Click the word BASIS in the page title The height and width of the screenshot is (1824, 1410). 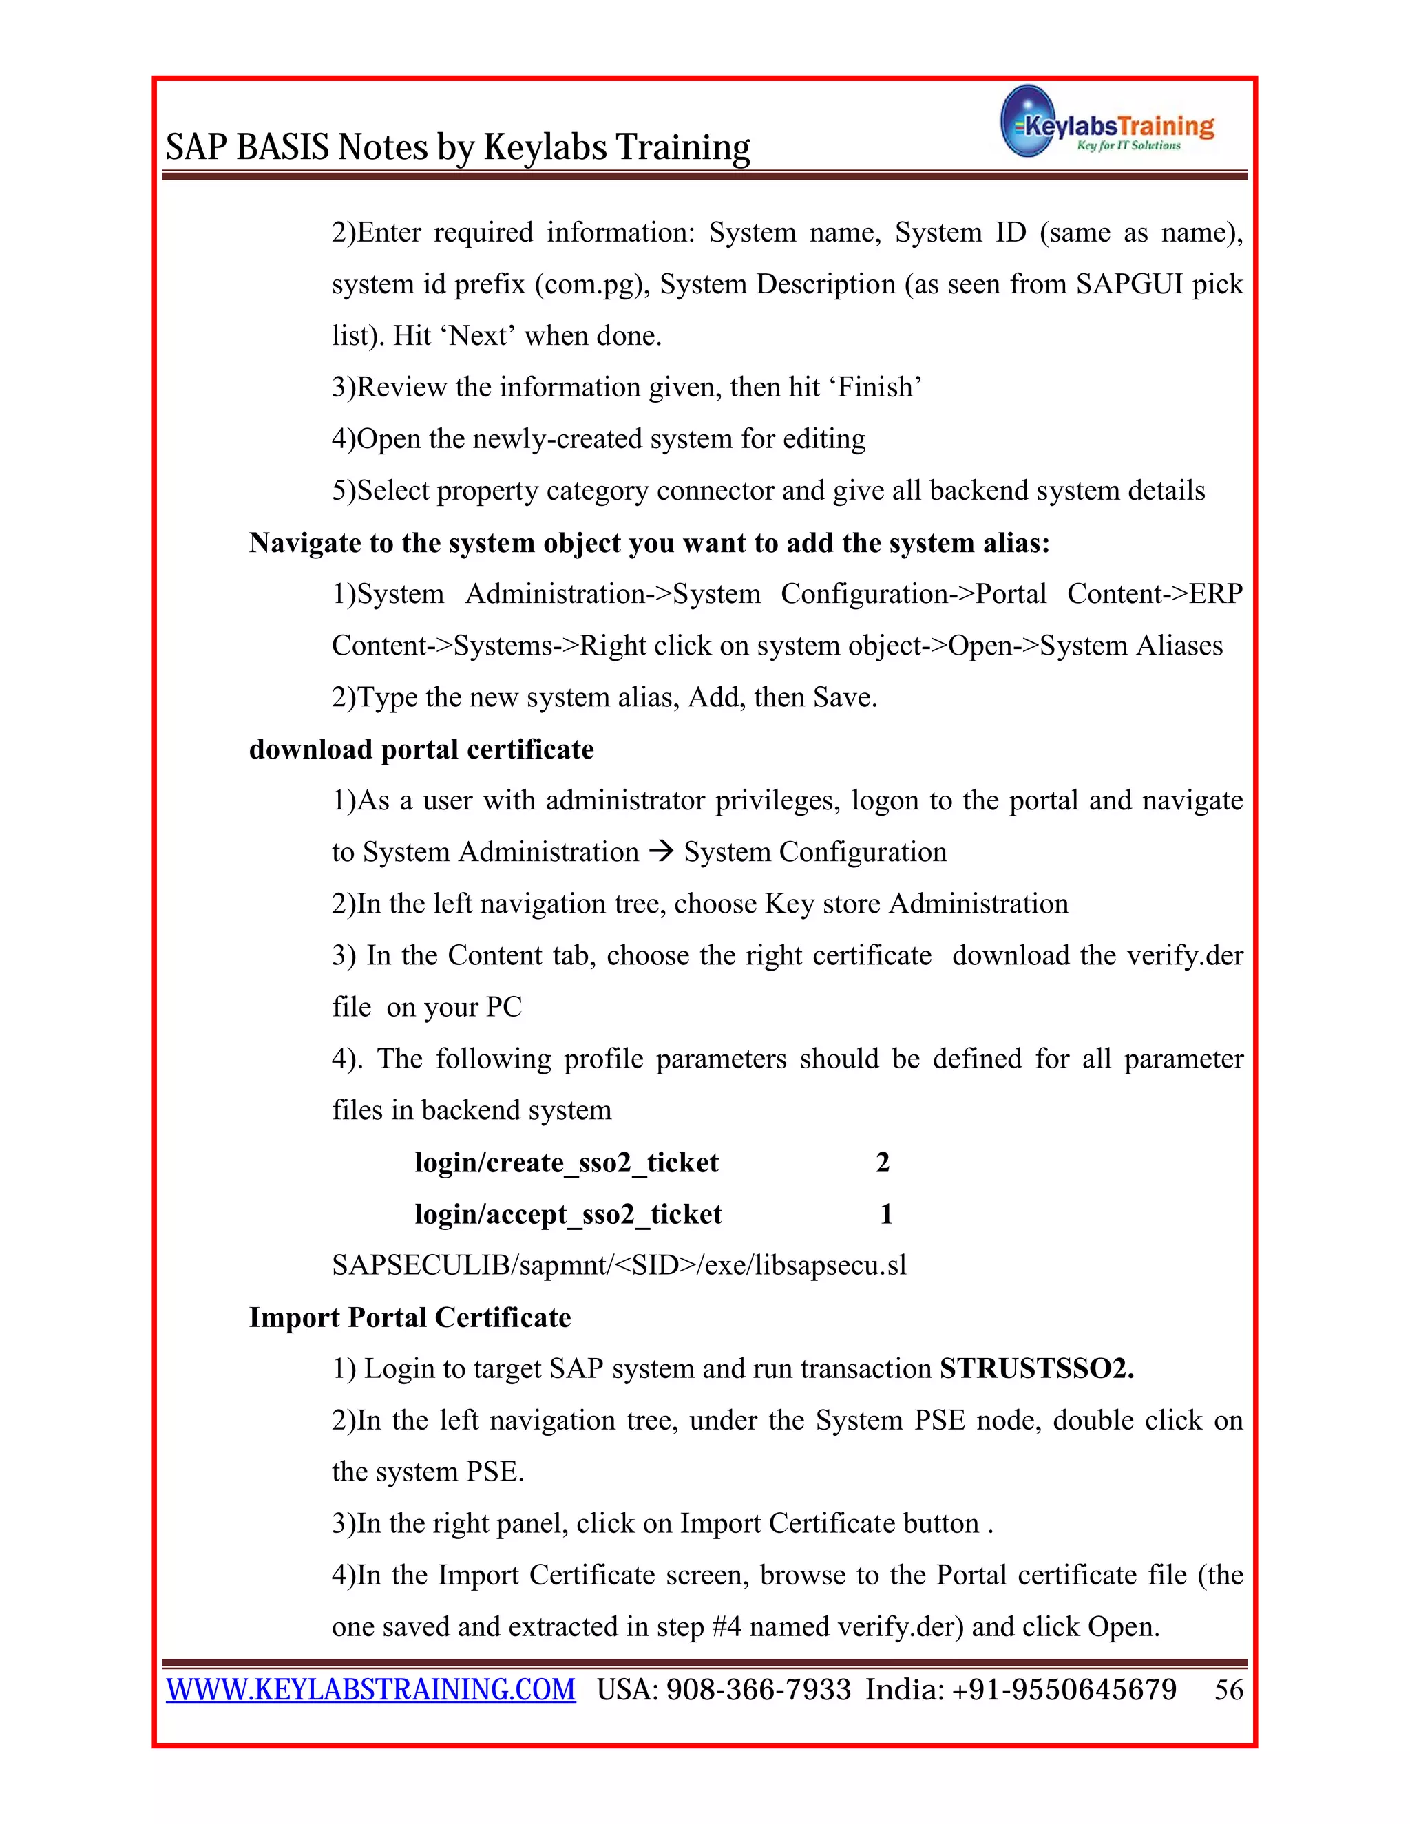click(282, 147)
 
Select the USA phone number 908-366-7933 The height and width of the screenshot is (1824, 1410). click(759, 1690)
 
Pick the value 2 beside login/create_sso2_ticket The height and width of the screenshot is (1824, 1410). click(882, 1162)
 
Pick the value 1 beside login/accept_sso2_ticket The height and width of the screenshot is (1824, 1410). click(886, 1213)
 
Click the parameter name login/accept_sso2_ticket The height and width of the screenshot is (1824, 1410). click(568, 1213)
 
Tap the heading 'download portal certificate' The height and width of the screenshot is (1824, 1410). click(421, 749)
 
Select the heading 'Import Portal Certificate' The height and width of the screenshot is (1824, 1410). click(410, 1317)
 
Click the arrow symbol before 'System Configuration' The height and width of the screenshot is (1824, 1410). click(661, 852)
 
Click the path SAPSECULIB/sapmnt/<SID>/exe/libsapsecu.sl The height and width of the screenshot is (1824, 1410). click(619, 1265)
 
